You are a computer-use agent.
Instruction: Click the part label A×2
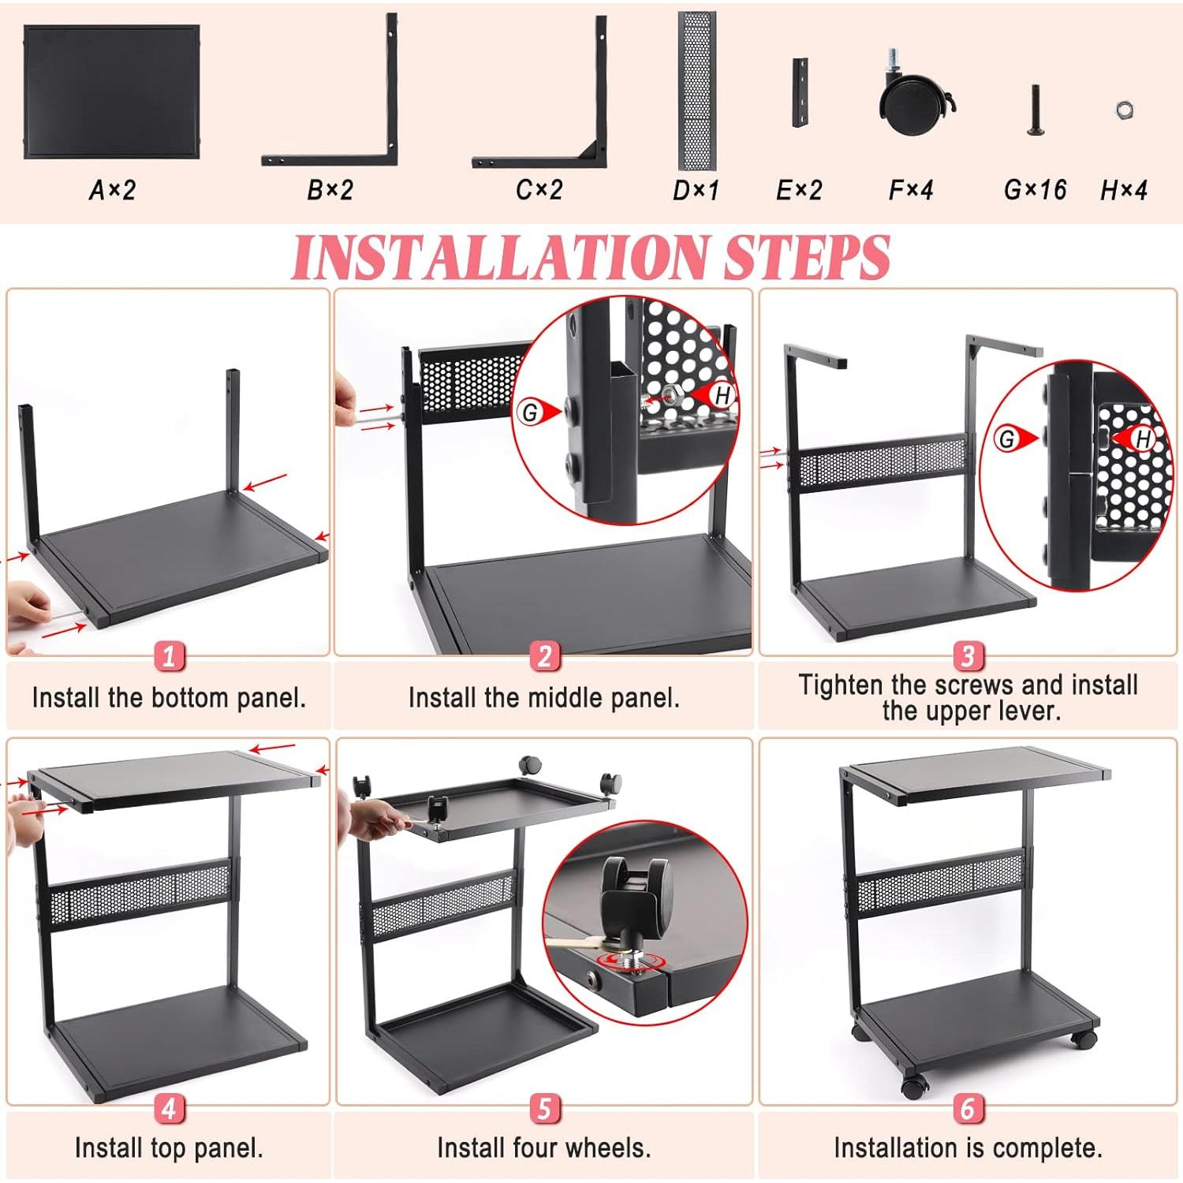112,190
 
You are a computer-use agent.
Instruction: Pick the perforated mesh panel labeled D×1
696,91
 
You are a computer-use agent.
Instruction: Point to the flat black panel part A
111,91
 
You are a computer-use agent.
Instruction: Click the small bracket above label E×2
800,92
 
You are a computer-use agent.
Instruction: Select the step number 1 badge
169,656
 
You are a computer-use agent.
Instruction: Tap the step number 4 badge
169,1109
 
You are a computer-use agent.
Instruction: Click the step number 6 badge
968,1109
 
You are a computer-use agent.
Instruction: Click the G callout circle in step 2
531,411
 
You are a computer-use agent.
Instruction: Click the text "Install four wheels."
543,1148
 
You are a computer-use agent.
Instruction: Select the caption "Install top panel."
169,1148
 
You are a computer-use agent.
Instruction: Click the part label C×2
539,190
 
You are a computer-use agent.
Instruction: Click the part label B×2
330,190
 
